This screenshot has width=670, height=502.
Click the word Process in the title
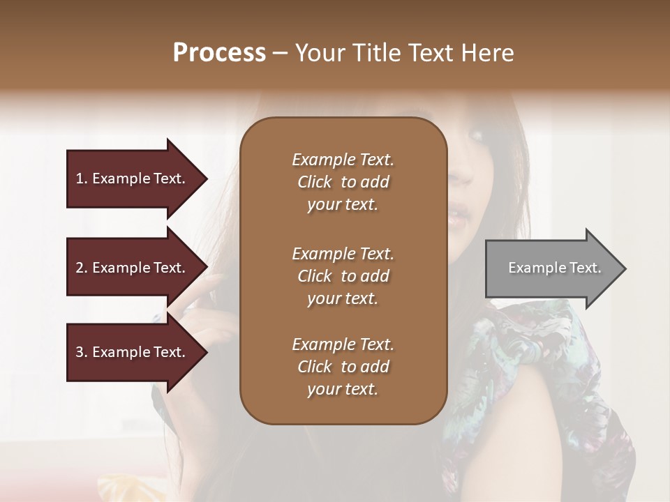point(219,53)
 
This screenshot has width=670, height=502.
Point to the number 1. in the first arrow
point(82,178)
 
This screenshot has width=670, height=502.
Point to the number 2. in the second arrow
point(82,268)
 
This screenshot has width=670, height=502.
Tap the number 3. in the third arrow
point(82,352)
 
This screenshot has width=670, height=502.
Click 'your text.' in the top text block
point(343,205)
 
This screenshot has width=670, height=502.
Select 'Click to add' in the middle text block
point(343,276)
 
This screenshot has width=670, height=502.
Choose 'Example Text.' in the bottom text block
point(343,344)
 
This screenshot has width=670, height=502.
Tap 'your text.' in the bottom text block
point(343,390)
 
